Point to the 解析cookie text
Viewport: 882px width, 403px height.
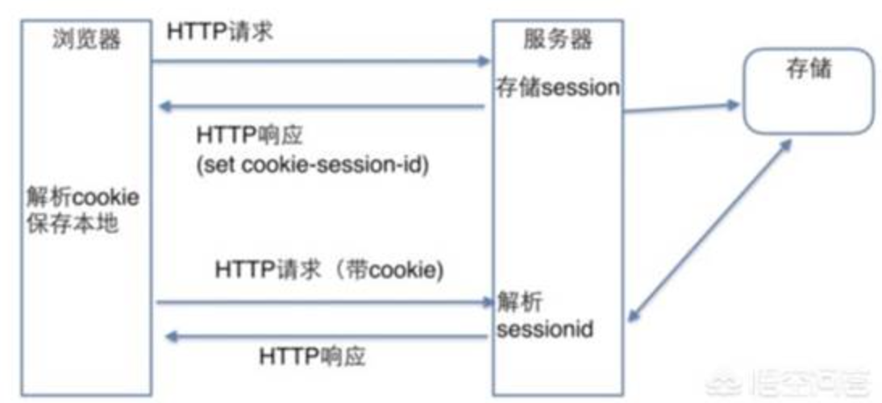click(82, 197)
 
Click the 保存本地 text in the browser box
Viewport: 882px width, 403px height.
click(72, 222)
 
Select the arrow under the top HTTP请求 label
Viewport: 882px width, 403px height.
click(322, 60)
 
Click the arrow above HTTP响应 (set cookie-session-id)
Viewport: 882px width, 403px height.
click(322, 106)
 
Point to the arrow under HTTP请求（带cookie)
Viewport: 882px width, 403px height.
click(322, 302)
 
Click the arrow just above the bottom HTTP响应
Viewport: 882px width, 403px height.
click(322, 336)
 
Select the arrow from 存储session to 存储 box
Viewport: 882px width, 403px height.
click(681, 108)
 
